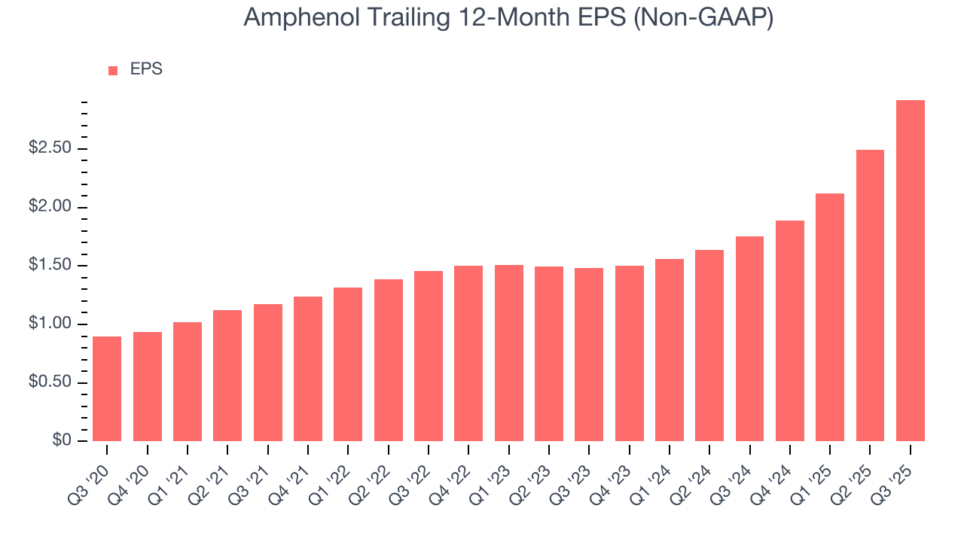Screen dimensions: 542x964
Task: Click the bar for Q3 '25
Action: click(910, 271)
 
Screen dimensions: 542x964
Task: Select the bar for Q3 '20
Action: click(107, 388)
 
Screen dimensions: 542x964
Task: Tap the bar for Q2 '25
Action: click(870, 295)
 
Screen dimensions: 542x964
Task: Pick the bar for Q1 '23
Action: click(508, 353)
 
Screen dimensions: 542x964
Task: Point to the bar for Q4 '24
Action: click(789, 330)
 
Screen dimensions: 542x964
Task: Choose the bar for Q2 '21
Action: click(227, 376)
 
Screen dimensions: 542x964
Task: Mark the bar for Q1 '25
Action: click(830, 317)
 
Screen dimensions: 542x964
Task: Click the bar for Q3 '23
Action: click(589, 355)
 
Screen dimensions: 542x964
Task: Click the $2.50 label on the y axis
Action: click(50, 148)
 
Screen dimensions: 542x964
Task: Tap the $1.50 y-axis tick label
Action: click(50, 266)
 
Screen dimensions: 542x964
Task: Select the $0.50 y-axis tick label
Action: click(50, 383)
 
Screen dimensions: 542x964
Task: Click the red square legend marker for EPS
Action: click(113, 70)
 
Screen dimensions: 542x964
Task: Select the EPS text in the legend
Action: click(146, 69)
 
